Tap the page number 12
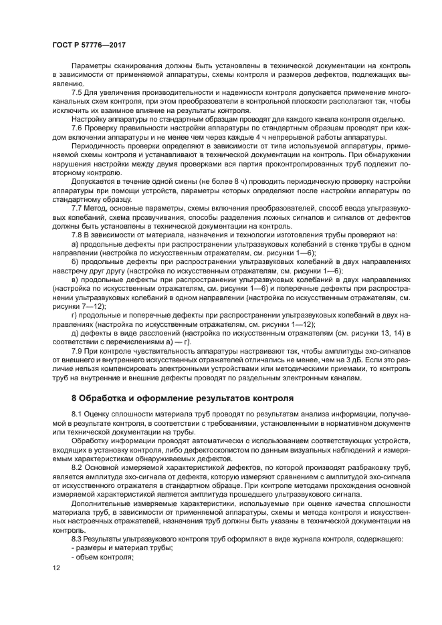56,568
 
